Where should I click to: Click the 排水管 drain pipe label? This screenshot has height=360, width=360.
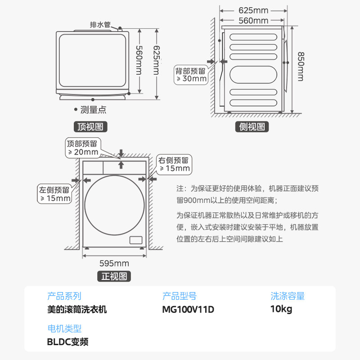point(101,25)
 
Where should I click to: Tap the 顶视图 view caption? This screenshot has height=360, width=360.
point(90,127)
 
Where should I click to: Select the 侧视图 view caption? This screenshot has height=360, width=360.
point(252,127)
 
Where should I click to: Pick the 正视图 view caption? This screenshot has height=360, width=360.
point(114,276)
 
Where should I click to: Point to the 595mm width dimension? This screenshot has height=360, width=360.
point(114,263)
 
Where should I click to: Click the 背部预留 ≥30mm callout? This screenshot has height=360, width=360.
point(191,75)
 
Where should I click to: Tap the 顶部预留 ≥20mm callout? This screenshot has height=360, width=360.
point(82,148)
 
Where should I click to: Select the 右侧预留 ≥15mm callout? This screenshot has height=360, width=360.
point(174,164)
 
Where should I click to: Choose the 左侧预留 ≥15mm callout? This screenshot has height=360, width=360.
point(55,194)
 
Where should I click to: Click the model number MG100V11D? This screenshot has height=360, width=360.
point(188,310)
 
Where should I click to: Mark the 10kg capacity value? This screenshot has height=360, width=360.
point(281,310)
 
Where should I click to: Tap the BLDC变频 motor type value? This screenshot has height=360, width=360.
point(67,342)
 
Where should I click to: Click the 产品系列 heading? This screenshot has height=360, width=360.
point(64,296)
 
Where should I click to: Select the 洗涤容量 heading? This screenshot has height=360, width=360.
point(288,296)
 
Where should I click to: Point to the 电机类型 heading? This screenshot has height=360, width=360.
point(64,328)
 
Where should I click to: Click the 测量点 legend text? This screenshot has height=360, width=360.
point(93,109)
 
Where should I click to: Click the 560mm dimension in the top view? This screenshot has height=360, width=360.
point(139,61)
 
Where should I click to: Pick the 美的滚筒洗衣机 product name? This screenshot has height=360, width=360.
point(77,310)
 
